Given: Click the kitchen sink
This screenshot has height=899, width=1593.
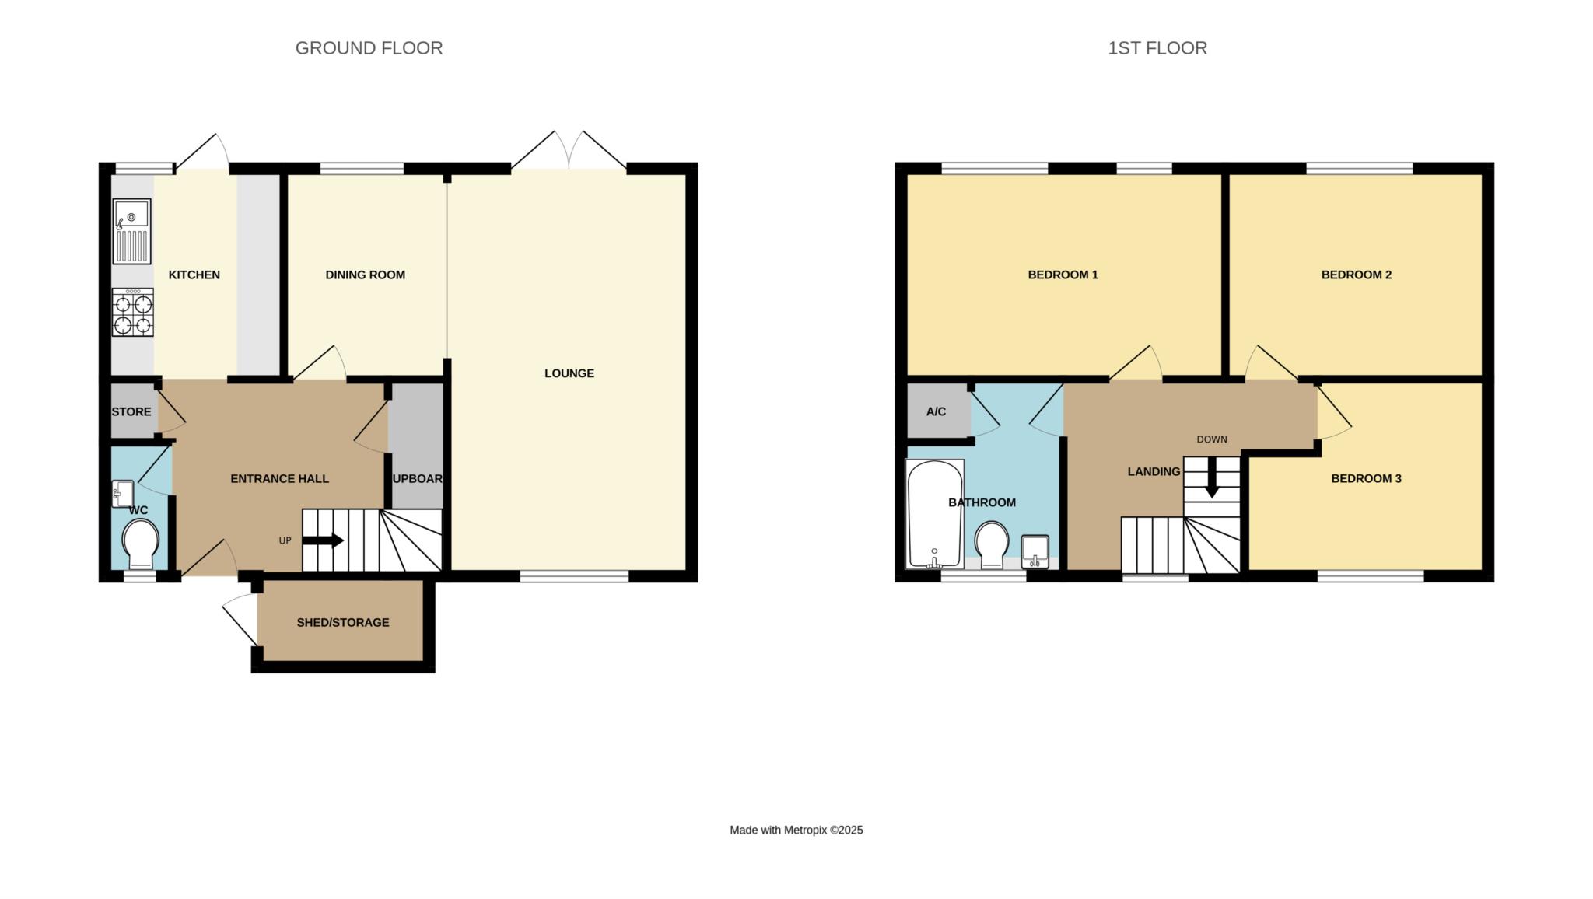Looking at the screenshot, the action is pos(131,231).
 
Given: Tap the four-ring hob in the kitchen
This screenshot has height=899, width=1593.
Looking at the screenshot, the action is pos(132,312).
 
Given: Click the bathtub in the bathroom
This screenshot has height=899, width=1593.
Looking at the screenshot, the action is pos(935,513).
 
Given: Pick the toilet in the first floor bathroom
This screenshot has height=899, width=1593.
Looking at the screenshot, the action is pos(992,545).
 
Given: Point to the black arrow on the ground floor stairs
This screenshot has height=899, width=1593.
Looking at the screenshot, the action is pos(323,540).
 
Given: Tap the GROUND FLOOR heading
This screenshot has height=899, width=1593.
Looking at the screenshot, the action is pos(369,48).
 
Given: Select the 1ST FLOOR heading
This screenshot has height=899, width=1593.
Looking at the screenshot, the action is pos(1157,48).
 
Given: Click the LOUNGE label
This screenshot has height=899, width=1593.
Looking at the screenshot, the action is pos(569,373).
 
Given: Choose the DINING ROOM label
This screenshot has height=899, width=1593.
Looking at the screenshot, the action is pos(366,275).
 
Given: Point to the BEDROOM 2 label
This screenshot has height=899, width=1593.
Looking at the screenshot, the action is pos(1357,275).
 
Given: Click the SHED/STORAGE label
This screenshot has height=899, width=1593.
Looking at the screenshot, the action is pos(343,622).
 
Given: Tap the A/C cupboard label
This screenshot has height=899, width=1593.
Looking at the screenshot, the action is pos(937,411).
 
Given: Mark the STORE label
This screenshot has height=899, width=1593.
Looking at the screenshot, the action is pos(131,411).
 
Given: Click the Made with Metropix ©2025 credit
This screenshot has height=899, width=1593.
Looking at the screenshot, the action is pos(796,830).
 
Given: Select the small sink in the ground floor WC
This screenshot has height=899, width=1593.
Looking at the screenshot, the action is pos(123,494).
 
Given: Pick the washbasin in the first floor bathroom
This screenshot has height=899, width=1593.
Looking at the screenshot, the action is pos(1035,551).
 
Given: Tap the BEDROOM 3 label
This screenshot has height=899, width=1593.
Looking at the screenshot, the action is pos(1366,478).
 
